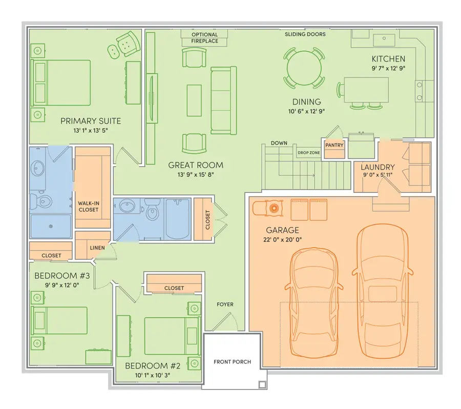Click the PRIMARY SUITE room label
(x=91, y=121)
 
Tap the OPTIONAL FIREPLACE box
(x=205, y=37)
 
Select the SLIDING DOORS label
(x=305, y=34)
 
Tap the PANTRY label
(x=334, y=145)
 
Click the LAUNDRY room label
(x=378, y=167)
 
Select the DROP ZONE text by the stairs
(x=309, y=153)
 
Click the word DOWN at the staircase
(x=279, y=143)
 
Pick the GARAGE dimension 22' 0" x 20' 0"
(x=282, y=239)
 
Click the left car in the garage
(x=314, y=302)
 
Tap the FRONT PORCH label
(x=232, y=362)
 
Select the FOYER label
(x=225, y=304)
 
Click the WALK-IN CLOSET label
(x=88, y=206)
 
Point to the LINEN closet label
(x=97, y=248)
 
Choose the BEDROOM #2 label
(x=153, y=366)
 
